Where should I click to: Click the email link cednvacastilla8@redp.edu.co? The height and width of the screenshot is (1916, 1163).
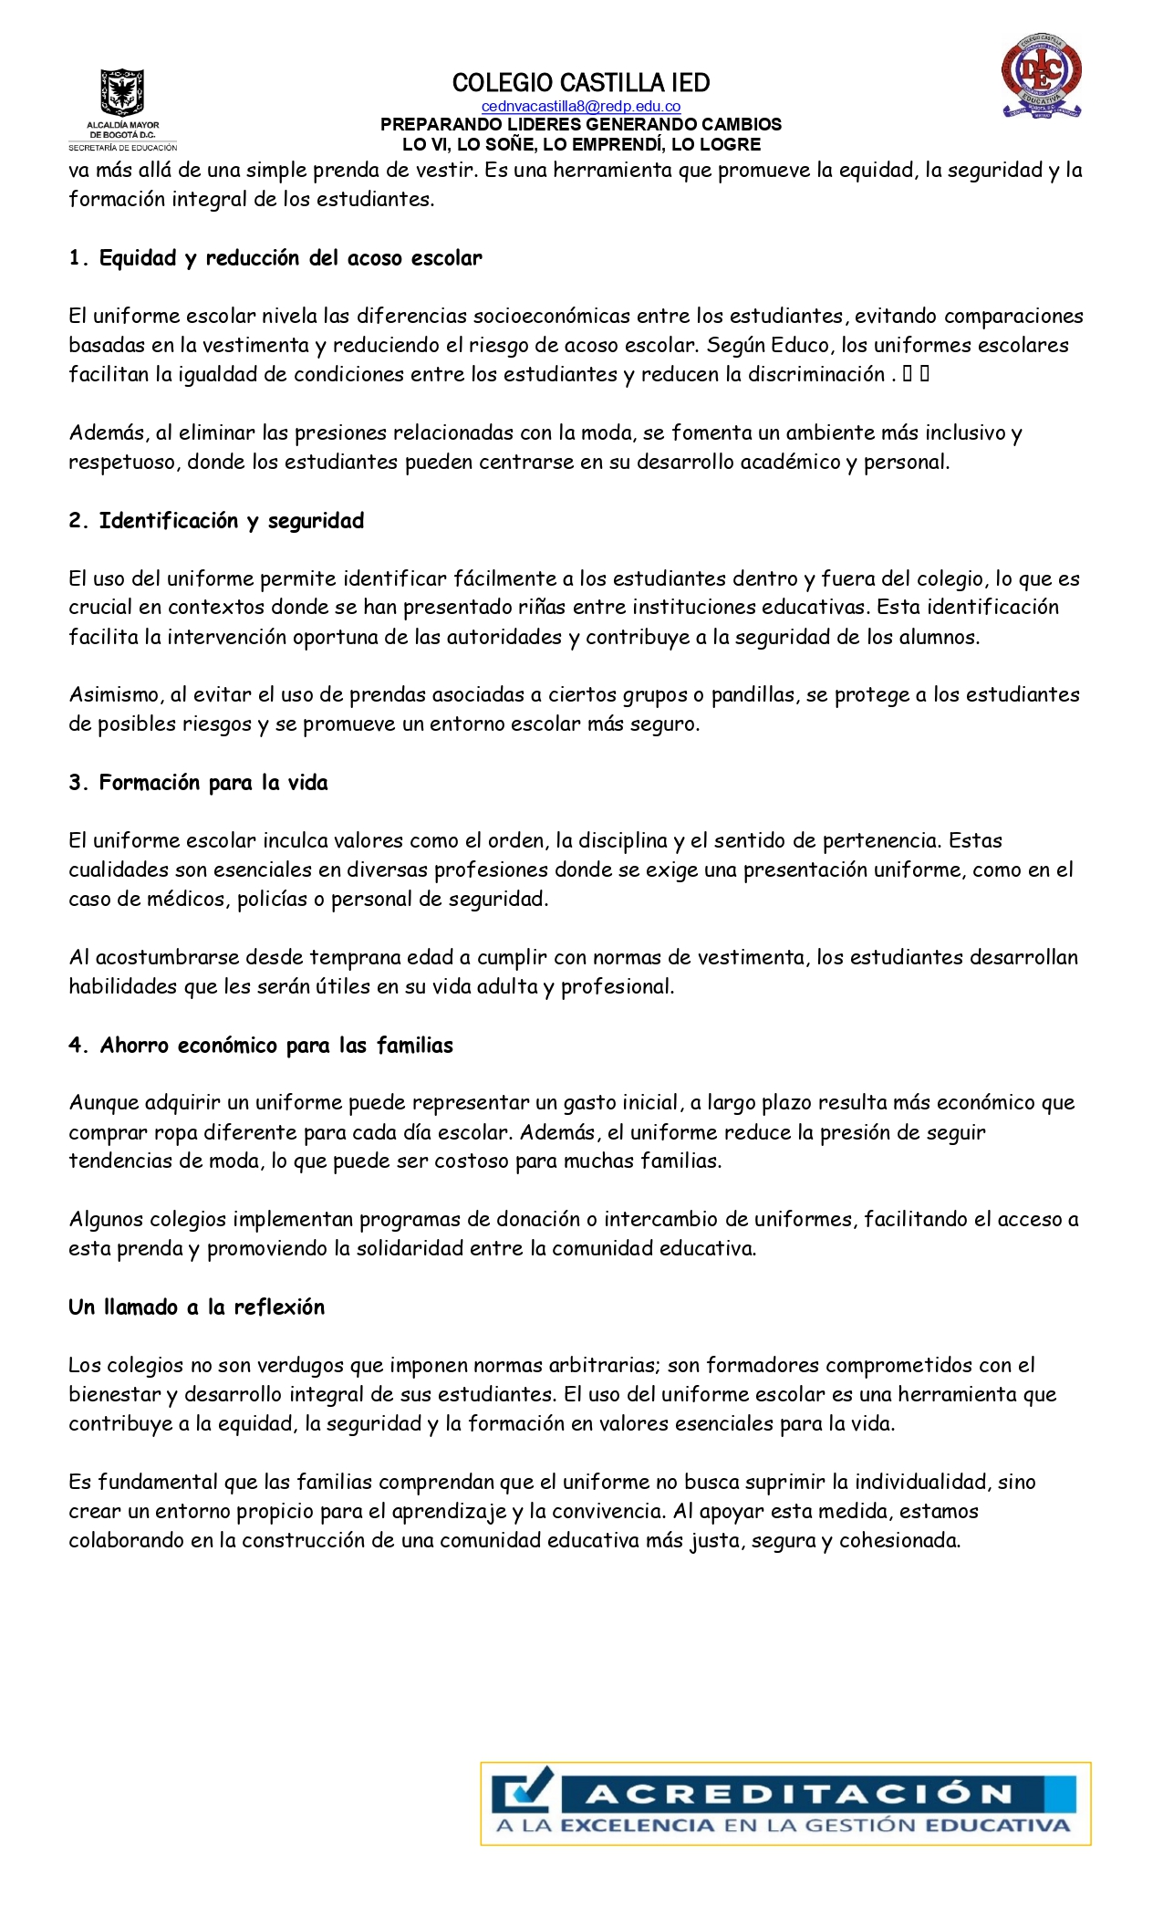[x=580, y=107]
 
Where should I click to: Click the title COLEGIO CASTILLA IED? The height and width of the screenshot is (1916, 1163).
[x=580, y=83]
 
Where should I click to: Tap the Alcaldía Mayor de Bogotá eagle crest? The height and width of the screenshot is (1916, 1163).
[x=122, y=93]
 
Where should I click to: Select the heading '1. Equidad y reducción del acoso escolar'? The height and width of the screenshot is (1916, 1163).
[x=275, y=258]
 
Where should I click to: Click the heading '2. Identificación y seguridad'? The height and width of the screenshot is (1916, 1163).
[x=216, y=521]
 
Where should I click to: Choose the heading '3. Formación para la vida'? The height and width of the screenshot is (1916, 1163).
[x=198, y=783]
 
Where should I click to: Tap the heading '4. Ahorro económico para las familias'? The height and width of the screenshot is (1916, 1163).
[x=260, y=1046]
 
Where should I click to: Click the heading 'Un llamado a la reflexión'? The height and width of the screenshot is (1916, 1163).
[x=196, y=1307]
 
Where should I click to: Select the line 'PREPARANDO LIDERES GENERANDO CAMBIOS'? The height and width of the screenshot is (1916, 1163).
[x=580, y=125]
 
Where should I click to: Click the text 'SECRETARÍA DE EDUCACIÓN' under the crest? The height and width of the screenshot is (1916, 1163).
[x=122, y=147]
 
